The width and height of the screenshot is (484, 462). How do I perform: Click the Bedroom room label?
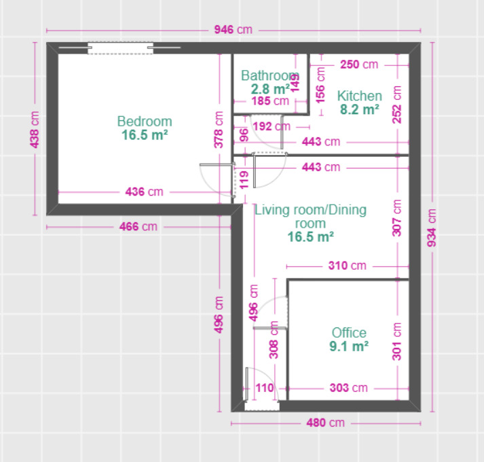click(145, 122)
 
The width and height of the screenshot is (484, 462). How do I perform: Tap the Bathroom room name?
click(270, 75)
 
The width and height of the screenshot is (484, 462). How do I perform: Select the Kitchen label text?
click(360, 96)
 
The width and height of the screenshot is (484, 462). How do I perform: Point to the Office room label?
click(349, 333)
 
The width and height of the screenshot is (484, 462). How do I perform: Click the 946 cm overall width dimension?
click(234, 30)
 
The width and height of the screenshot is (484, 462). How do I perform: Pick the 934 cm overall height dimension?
click(432, 228)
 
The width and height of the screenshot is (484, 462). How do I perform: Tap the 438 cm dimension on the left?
click(35, 130)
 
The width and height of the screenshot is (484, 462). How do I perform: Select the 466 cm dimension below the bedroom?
click(138, 227)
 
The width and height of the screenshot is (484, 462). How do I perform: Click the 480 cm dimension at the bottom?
click(325, 423)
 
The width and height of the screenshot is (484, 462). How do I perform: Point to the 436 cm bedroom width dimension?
click(144, 192)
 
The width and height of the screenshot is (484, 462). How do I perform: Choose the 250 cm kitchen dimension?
click(359, 65)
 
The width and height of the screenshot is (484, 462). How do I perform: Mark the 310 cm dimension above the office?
click(348, 266)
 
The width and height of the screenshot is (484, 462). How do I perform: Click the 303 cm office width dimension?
click(349, 388)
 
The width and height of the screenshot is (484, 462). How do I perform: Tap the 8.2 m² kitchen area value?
click(360, 109)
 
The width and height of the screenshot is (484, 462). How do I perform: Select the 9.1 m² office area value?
click(349, 346)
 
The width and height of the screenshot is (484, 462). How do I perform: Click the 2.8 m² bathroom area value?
click(270, 89)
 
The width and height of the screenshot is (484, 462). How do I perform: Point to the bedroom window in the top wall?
click(120, 48)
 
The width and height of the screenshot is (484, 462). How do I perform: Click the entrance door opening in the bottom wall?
click(262, 406)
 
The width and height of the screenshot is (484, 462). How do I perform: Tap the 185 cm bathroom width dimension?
click(270, 101)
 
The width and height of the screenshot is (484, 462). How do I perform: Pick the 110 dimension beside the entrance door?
click(265, 388)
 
